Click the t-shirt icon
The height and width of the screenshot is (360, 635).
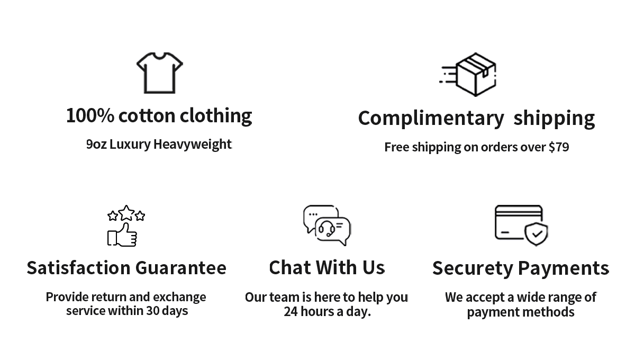click(159, 73)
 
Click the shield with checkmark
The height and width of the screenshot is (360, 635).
click(536, 234)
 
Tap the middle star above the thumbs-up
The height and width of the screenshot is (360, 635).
click(126, 213)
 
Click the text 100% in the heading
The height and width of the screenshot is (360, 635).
click(89, 115)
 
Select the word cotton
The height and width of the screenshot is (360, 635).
click(147, 115)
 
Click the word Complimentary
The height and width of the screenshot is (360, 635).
click(431, 118)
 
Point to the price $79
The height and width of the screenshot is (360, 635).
click(558, 147)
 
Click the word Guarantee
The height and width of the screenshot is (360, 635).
click(181, 268)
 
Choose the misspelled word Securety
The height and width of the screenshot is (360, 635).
click(473, 268)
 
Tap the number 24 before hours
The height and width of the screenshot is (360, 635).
click(291, 311)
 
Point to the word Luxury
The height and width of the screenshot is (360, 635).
click(130, 144)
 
